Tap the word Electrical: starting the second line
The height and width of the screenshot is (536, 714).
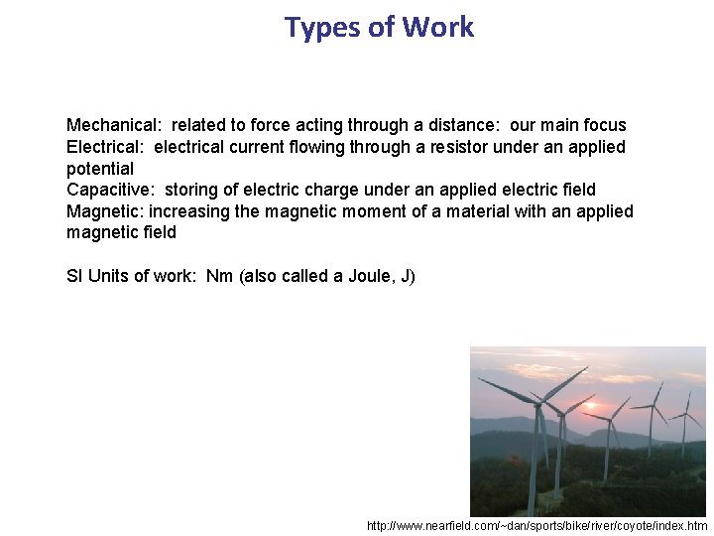pyautogui.click(x=106, y=147)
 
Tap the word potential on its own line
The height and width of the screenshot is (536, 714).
pyautogui.click(x=100, y=169)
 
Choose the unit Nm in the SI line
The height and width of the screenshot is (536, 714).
pyautogui.click(x=221, y=276)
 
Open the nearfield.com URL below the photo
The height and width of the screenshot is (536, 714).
pyautogui.click(x=536, y=525)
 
